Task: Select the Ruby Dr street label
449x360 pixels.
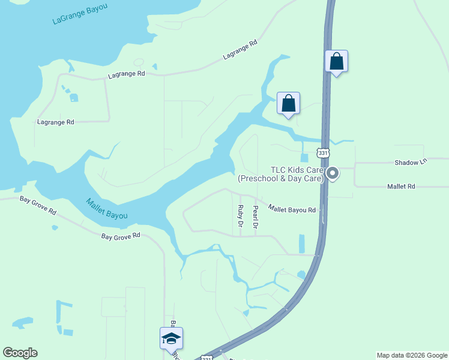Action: [x=240, y=216]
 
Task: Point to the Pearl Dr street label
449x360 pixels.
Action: [x=255, y=217]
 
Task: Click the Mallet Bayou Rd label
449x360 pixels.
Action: [x=292, y=209]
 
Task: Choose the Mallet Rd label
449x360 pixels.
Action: [x=401, y=187]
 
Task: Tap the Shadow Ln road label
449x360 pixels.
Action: [x=410, y=163]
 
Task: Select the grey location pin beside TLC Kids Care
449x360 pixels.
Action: [x=332, y=174]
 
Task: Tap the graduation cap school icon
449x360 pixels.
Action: [x=171, y=339]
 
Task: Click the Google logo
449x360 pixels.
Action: [x=20, y=353]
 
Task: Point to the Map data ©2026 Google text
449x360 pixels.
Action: [x=412, y=356]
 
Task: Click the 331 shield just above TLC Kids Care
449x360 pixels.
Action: [x=324, y=153]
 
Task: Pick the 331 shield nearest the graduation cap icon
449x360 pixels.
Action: [x=206, y=358]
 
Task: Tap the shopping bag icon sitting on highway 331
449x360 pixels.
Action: [x=337, y=61]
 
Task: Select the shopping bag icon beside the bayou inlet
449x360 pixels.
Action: [x=288, y=103]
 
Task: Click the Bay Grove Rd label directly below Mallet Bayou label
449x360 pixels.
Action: [x=120, y=236]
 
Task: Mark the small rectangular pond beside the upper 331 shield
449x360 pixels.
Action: [x=304, y=158]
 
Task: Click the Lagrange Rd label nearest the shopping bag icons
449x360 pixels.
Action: [x=240, y=50]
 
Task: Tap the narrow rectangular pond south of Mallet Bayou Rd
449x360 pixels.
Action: [x=301, y=243]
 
